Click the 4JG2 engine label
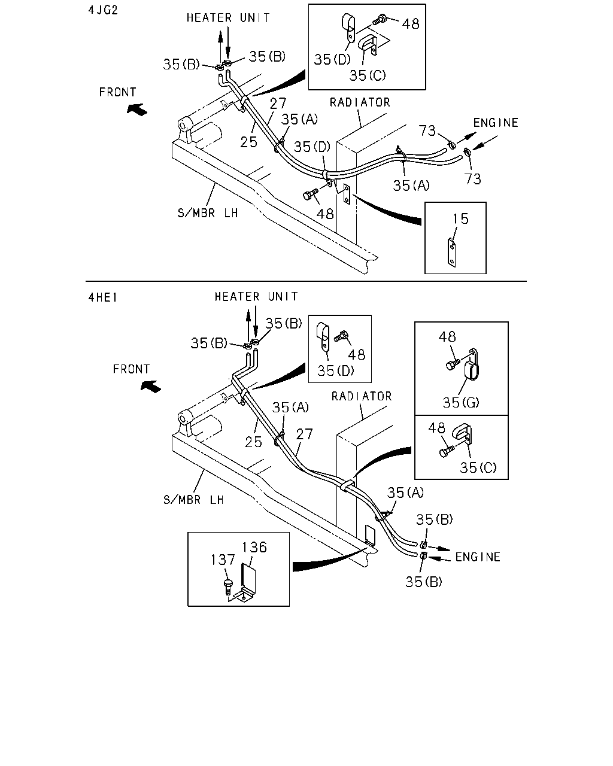pyautogui.click(x=102, y=10)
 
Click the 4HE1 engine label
pyautogui.click(x=102, y=297)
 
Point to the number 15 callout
pyautogui.click(x=460, y=219)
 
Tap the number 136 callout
pyautogui.click(x=254, y=548)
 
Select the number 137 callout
pyautogui.click(x=223, y=560)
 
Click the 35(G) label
pyautogui.click(x=461, y=403)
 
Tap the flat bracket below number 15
pyautogui.click(x=451, y=253)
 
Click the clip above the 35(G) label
pyautogui.click(x=472, y=365)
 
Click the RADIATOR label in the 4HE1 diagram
pyautogui.click(x=362, y=396)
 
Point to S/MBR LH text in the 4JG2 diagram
pyautogui.click(x=208, y=213)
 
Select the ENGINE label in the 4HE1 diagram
pyautogui.click(x=478, y=557)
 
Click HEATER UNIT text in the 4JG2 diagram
pyautogui.click(x=228, y=18)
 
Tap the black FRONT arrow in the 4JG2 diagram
pyautogui.click(x=137, y=110)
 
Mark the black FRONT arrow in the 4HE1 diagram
pyautogui.click(x=151, y=387)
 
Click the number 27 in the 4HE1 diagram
pyautogui.click(x=304, y=434)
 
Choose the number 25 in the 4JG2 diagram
pyautogui.click(x=248, y=142)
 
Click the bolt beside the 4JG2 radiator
pyautogui.click(x=311, y=194)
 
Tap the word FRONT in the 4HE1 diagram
pyautogui.click(x=132, y=369)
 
